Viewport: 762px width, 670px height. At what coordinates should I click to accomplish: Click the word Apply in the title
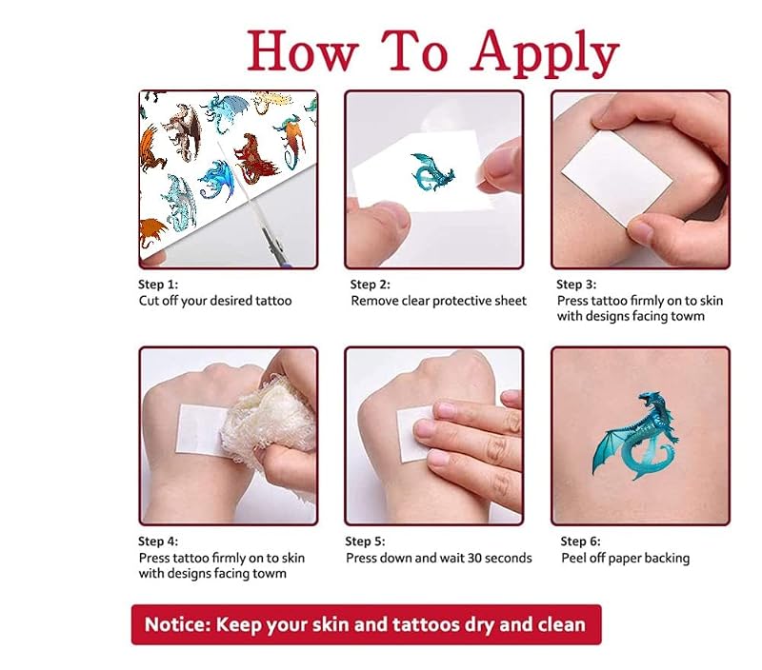pyautogui.click(x=544, y=52)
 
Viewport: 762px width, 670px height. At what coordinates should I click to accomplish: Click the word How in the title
pyautogui.click(x=302, y=50)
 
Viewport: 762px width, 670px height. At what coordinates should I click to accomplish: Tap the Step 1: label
pyautogui.click(x=158, y=285)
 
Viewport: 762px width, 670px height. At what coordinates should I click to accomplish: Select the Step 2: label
pyautogui.click(x=370, y=285)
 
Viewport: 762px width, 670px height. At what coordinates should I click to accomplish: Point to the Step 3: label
pyautogui.click(x=576, y=285)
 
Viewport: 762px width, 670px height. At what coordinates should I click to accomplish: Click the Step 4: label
pyautogui.click(x=158, y=542)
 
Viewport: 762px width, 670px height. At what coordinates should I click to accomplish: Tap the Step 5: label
pyautogui.click(x=365, y=542)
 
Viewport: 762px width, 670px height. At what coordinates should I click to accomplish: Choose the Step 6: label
pyautogui.click(x=580, y=542)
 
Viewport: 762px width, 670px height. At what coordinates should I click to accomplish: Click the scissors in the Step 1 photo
pyautogui.click(x=257, y=208)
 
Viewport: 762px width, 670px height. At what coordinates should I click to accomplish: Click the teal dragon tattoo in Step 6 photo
pyautogui.click(x=635, y=436)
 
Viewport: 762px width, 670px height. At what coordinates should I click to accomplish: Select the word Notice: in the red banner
pyautogui.click(x=177, y=624)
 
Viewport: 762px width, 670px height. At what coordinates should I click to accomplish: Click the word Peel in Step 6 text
pyautogui.click(x=573, y=559)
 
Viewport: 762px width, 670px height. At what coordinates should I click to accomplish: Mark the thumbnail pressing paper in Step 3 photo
pyautogui.click(x=641, y=233)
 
